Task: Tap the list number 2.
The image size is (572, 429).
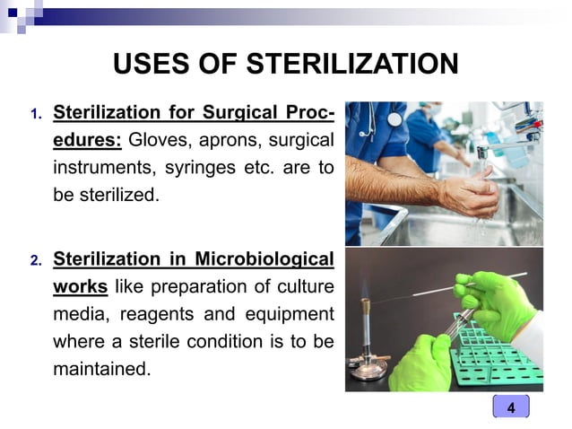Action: (35, 262)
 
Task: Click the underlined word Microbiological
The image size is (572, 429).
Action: (262, 261)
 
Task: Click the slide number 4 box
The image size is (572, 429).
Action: (511, 407)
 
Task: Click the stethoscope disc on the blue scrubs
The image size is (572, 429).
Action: (394, 118)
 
